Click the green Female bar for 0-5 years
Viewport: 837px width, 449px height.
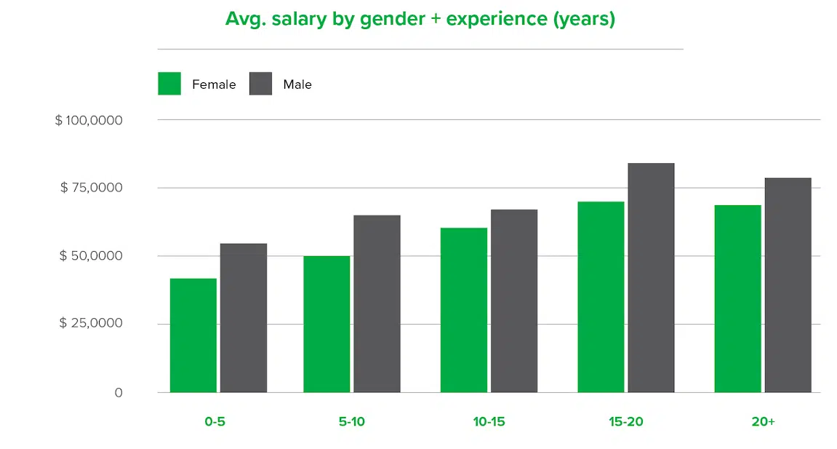pyautogui.click(x=193, y=335)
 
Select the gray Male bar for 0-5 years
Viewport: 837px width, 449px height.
pyautogui.click(x=244, y=318)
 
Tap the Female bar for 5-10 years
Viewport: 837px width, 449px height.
pyautogui.click(x=327, y=324)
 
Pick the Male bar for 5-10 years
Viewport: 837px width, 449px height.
pyautogui.click(x=377, y=303)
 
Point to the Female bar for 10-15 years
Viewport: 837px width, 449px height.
pyautogui.click(x=464, y=310)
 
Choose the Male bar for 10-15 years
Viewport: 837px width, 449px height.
pyautogui.click(x=514, y=301)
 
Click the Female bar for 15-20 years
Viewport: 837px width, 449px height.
pyautogui.click(x=601, y=297)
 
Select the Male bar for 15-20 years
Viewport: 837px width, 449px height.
pyautogui.click(x=651, y=277)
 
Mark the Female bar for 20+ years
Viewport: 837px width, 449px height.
pyautogui.click(x=737, y=298)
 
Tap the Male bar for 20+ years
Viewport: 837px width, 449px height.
pyautogui.click(x=788, y=285)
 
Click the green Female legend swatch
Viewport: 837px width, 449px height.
pyautogui.click(x=169, y=84)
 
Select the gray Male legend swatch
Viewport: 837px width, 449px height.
pyautogui.click(x=260, y=84)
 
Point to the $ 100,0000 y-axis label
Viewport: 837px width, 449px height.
pyautogui.click(x=89, y=119)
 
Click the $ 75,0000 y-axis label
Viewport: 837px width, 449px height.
pyautogui.click(x=92, y=188)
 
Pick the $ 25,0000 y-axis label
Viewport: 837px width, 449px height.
pyautogui.click(x=92, y=324)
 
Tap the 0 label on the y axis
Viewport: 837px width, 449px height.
pyautogui.click(x=118, y=393)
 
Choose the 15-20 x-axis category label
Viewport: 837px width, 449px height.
pyautogui.click(x=625, y=422)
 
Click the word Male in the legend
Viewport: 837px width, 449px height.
pyautogui.click(x=297, y=84)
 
